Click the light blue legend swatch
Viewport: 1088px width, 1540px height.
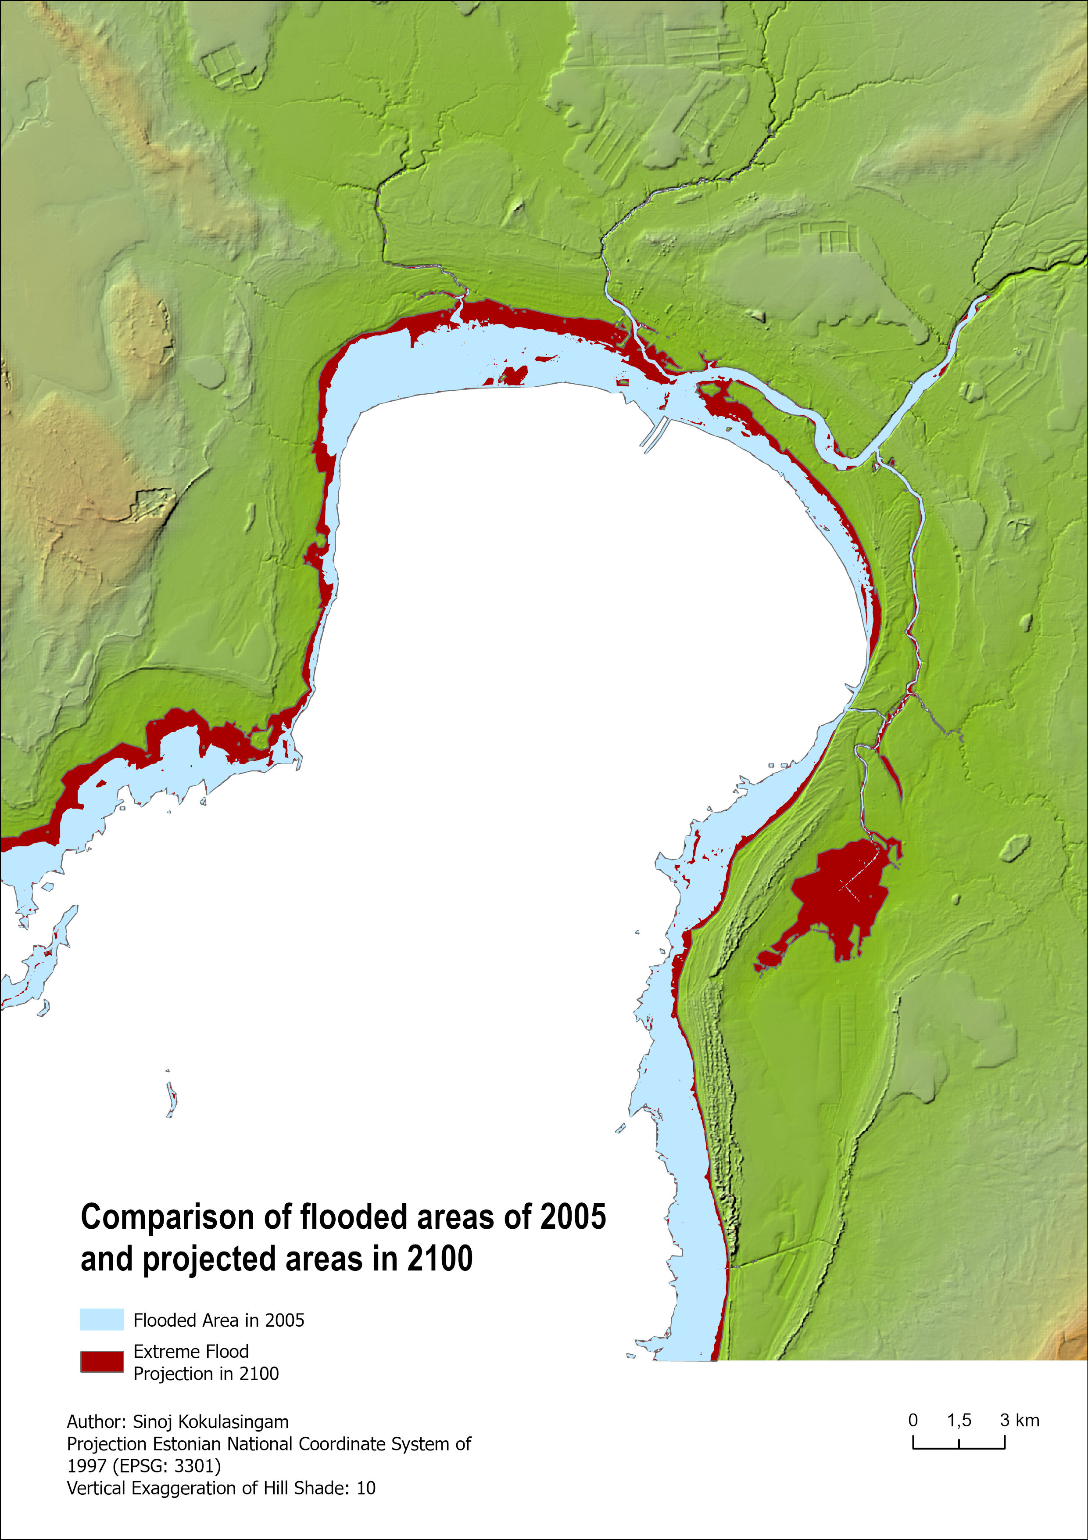click(102, 1319)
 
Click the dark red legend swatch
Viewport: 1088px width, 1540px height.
click(102, 1362)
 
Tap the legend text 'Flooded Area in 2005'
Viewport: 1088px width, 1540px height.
click(218, 1320)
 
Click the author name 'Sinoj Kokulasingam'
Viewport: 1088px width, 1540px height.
click(211, 1421)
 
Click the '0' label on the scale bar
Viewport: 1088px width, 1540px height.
click(913, 1420)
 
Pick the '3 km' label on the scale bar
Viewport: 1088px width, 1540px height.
click(1020, 1420)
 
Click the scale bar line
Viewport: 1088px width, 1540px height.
click(959, 1448)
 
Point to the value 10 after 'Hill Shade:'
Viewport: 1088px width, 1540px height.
click(366, 1488)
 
